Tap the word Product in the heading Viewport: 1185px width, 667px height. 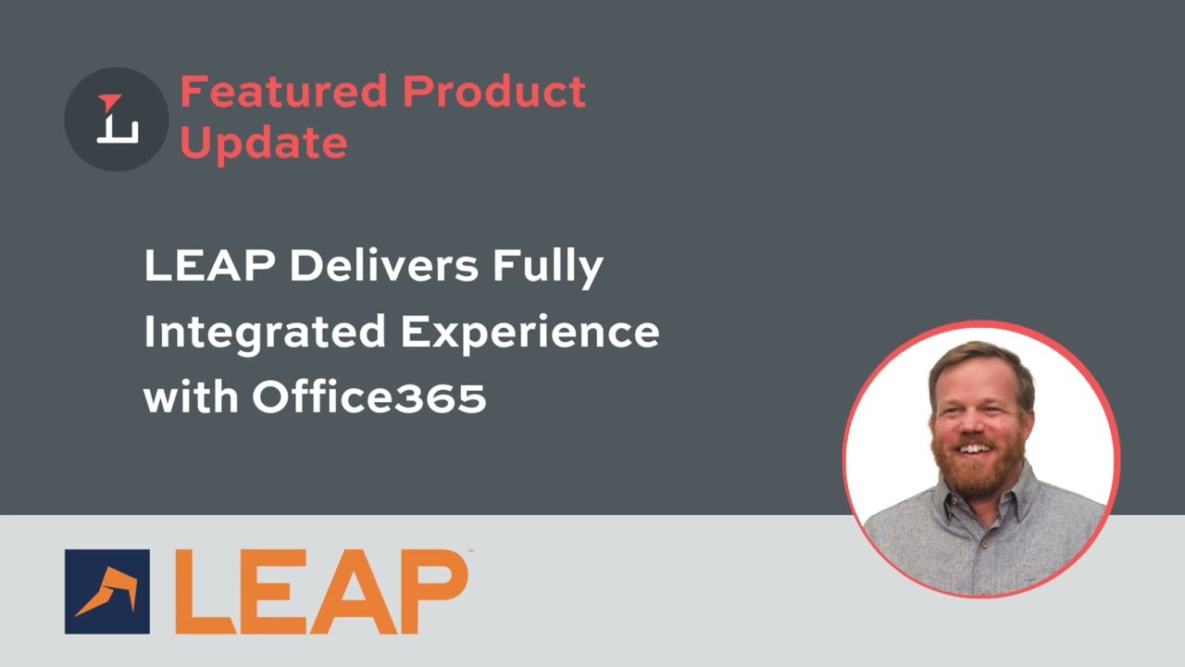coord(494,92)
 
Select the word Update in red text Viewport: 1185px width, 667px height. coord(263,143)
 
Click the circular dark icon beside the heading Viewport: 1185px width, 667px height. coord(117,119)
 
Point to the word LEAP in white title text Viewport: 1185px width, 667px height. coord(209,267)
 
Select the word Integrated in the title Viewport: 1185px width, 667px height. coord(265,333)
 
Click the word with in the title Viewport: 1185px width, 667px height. coord(191,397)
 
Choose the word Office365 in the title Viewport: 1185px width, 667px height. coord(369,397)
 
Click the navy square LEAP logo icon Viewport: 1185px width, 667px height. coord(107,591)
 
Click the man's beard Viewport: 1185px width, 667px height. coord(972,472)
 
